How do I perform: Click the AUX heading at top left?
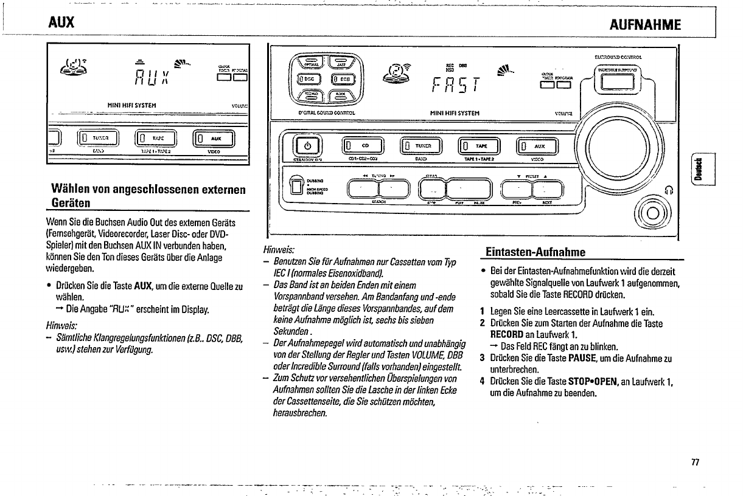click(62, 24)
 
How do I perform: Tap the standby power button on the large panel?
click(307, 146)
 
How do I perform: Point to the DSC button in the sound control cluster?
click(308, 78)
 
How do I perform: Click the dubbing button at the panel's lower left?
click(296, 185)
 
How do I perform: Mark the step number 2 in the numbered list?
click(481, 323)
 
